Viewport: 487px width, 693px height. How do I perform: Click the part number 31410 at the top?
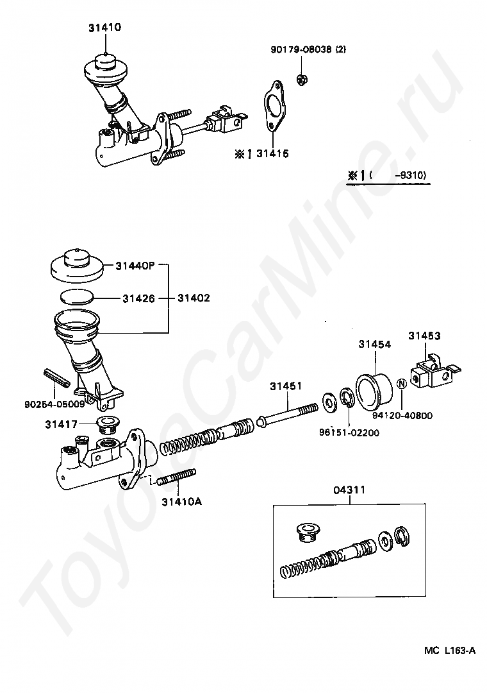pyautogui.click(x=105, y=28)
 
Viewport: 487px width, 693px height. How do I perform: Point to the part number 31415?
pyautogui.click(x=272, y=153)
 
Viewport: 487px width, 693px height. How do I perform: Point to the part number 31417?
pyautogui.click(x=61, y=424)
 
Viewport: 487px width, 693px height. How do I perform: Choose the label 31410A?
pyautogui.click(x=181, y=501)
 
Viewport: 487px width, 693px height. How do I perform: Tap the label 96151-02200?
pyautogui.click(x=349, y=432)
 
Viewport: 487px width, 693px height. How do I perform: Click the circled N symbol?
pyautogui.click(x=402, y=385)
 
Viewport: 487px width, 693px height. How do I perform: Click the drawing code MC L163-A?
pyautogui.click(x=449, y=650)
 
